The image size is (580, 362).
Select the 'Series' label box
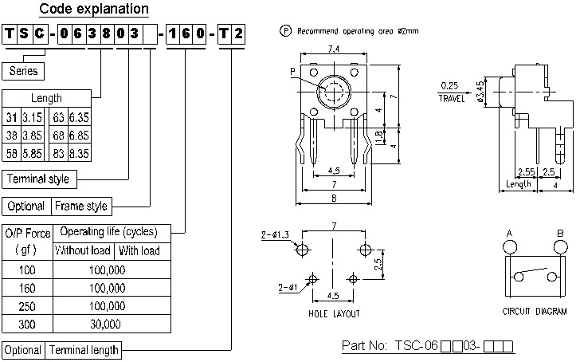[x=24, y=71]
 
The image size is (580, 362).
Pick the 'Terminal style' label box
[x=37, y=179]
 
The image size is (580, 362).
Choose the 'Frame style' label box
[x=80, y=206]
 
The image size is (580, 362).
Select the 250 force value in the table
[x=25, y=306]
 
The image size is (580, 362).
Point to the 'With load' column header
[x=139, y=251]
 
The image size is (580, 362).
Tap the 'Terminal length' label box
[x=84, y=350]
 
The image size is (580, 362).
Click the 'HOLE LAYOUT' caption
[x=334, y=313]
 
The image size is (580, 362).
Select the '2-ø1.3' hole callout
[x=274, y=235]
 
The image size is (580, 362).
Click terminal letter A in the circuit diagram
[x=508, y=233]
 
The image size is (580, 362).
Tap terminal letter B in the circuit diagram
[x=561, y=233]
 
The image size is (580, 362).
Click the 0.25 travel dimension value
[x=449, y=85]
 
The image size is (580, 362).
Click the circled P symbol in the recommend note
[x=285, y=31]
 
